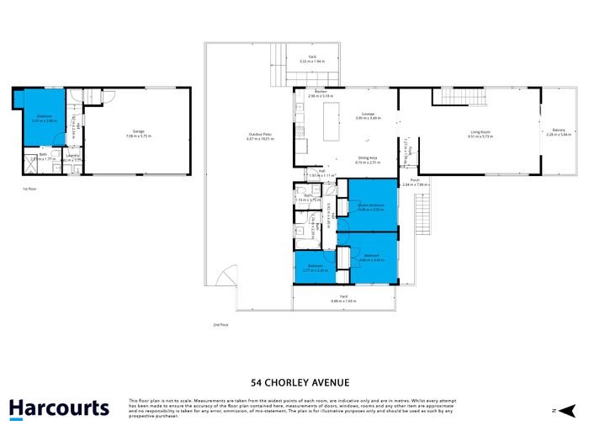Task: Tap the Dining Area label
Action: pos(367,159)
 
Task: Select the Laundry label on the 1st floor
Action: pos(73,156)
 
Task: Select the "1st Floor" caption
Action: pos(29,189)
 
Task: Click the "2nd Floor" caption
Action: pos(220,323)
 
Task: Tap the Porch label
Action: pos(415,181)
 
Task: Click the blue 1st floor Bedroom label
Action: pos(43,117)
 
